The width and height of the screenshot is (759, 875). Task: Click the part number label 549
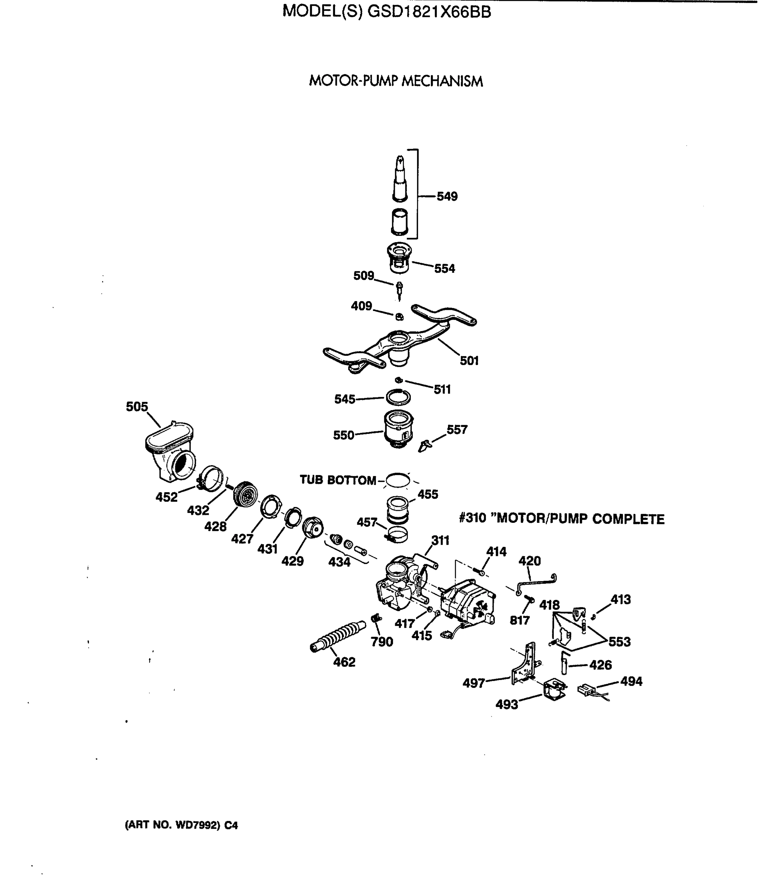(447, 197)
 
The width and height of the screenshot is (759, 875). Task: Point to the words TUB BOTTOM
(338, 480)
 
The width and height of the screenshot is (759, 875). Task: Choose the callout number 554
(444, 268)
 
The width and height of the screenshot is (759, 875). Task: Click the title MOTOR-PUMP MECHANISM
(396, 81)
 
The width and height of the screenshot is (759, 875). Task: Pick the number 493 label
(507, 704)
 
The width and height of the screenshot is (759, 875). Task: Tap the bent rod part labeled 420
(536, 583)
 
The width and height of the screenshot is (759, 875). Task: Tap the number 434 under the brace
(339, 562)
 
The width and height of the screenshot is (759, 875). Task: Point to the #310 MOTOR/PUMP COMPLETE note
(562, 519)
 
